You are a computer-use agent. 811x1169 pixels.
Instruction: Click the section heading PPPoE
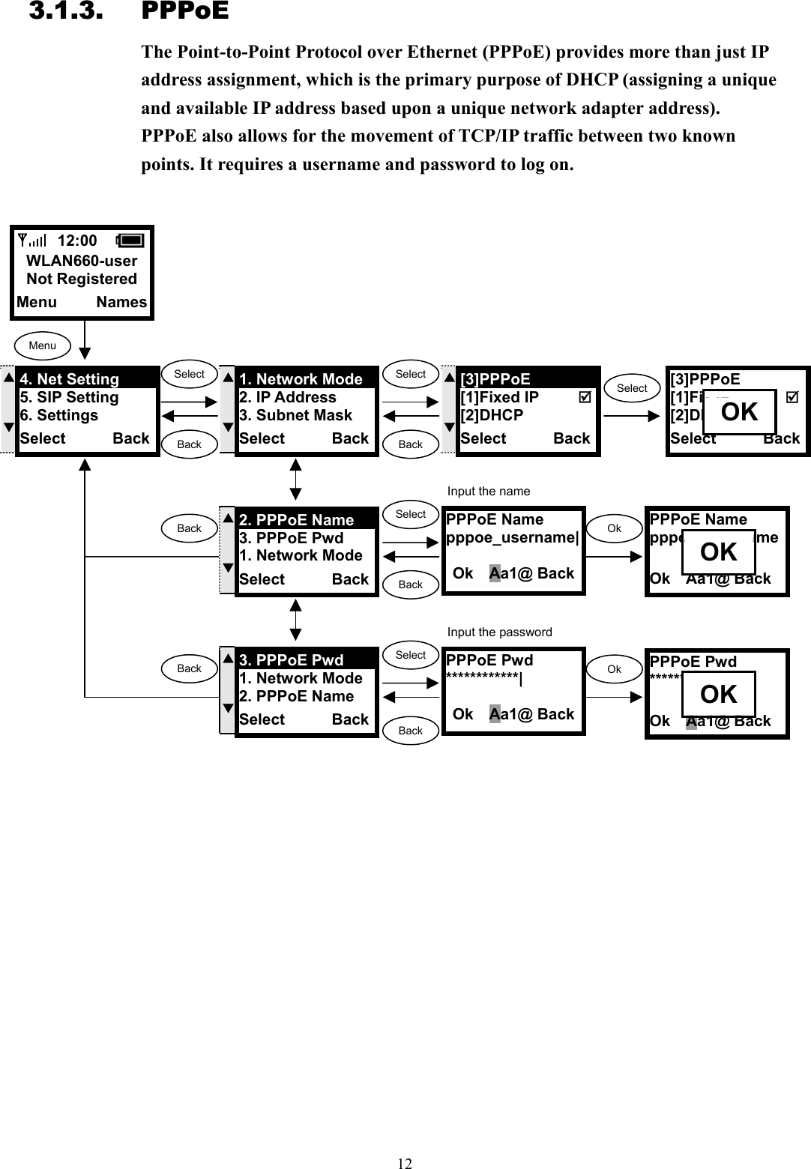click(184, 12)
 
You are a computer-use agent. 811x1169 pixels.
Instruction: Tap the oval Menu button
click(43, 345)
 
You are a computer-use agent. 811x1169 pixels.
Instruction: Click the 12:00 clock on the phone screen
click(77, 241)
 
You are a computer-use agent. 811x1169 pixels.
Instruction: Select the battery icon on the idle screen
click(130, 241)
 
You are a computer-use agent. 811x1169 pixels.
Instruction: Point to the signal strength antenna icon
click(31, 241)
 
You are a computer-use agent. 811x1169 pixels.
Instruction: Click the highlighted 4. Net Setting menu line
click(70, 379)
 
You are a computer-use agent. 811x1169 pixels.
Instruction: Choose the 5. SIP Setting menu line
click(69, 397)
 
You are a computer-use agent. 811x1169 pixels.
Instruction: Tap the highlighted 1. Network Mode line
click(301, 379)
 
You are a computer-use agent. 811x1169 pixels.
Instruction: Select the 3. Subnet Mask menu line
click(295, 415)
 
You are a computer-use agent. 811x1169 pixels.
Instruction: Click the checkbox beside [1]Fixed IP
click(585, 397)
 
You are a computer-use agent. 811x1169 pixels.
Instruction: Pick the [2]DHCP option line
click(492, 415)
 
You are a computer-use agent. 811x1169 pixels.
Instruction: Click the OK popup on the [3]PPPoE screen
click(739, 412)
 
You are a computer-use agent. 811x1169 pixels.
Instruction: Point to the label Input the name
click(489, 492)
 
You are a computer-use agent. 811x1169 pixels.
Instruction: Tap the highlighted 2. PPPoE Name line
click(296, 520)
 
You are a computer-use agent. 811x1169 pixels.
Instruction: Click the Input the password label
click(499, 632)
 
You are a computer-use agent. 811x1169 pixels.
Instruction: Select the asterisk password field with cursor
click(483, 679)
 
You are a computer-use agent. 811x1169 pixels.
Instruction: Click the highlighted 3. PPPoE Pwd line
click(291, 660)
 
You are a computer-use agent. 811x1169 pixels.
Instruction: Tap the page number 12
click(405, 1163)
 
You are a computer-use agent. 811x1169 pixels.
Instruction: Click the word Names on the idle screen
click(121, 302)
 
